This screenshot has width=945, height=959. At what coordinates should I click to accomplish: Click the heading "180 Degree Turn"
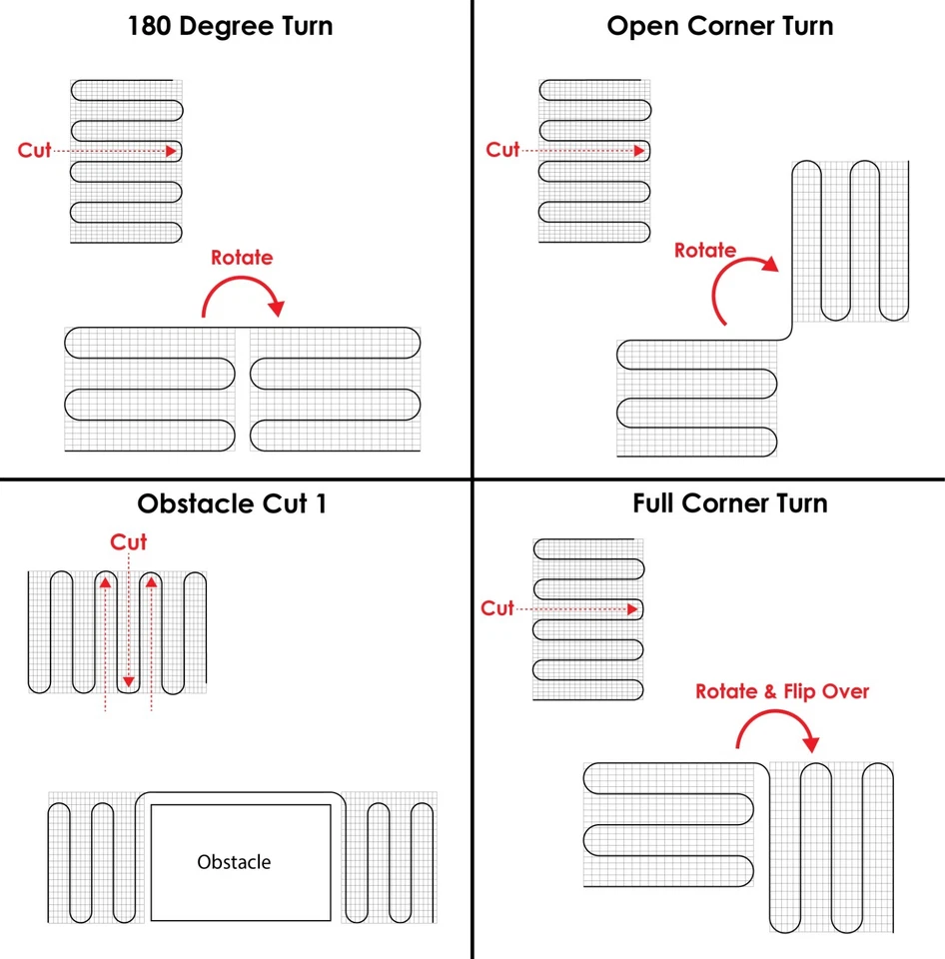(x=230, y=26)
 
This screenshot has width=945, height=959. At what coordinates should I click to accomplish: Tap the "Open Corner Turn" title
(x=720, y=26)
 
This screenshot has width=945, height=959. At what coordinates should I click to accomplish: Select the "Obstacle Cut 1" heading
(x=232, y=503)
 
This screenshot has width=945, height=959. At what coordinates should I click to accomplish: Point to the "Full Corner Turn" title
(x=729, y=503)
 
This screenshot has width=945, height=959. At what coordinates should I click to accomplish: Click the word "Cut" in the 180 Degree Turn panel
(x=34, y=150)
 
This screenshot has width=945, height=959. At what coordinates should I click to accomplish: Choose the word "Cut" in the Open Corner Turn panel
(x=502, y=149)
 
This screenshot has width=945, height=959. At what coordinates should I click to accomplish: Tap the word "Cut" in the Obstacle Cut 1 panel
(x=129, y=541)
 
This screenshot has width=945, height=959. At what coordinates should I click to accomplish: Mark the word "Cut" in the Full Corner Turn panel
(x=497, y=608)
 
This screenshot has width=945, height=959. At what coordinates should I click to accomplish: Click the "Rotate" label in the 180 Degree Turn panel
(x=242, y=258)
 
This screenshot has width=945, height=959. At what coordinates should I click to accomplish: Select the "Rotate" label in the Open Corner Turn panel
(x=705, y=250)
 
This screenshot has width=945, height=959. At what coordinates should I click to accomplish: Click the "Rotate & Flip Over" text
(x=782, y=691)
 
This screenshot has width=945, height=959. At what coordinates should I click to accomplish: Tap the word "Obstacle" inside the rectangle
(x=234, y=862)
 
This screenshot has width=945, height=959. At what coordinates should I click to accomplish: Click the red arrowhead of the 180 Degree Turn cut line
(x=171, y=151)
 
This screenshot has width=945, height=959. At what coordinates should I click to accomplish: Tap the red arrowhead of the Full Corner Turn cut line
(x=632, y=609)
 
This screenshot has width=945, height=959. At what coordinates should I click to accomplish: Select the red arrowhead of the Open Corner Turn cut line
(x=639, y=151)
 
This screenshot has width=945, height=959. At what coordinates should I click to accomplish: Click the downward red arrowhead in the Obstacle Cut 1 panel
(x=129, y=681)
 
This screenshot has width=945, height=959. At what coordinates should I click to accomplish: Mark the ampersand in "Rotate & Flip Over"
(x=769, y=691)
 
